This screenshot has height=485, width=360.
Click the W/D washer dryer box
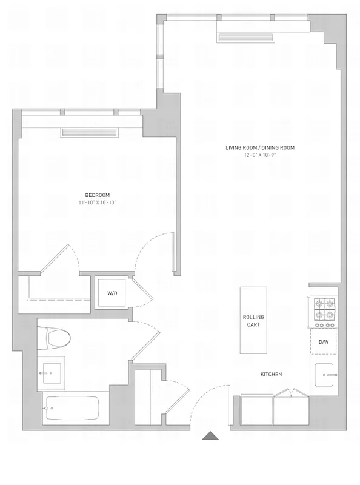pyautogui.click(x=113, y=293)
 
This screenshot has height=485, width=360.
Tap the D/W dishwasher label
pyautogui.click(x=324, y=342)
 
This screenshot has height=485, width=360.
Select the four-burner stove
pyautogui.click(x=324, y=309)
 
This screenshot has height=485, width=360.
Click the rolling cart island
pyautogui.click(x=253, y=321)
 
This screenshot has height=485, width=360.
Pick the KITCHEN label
pyautogui.click(x=271, y=374)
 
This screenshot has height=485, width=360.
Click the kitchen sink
pyautogui.click(x=324, y=372)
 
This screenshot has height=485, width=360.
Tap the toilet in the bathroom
pyautogui.click(x=55, y=336)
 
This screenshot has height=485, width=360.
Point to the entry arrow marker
pyautogui.click(x=211, y=435)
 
